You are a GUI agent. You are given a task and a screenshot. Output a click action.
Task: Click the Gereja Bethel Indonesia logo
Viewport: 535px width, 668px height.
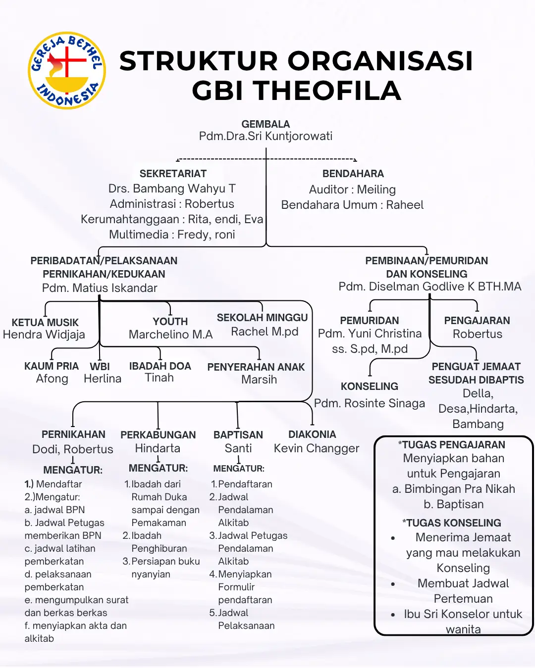point(67,70)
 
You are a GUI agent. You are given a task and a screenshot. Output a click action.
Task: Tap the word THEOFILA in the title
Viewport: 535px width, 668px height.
point(296,91)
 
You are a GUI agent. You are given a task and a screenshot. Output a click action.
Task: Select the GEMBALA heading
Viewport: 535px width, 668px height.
point(266,124)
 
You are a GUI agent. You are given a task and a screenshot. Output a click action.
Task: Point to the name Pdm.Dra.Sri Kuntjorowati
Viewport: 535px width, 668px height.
point(266,136)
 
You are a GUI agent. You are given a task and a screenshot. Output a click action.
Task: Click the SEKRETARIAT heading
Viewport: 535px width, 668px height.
point(173,174)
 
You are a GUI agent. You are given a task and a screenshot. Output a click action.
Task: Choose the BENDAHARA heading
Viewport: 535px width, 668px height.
point(353,174)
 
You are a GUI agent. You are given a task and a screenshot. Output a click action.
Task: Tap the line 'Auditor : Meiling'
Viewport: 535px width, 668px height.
point(352,190)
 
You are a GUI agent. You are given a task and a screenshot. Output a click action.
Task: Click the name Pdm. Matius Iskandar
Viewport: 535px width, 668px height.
point(100,288)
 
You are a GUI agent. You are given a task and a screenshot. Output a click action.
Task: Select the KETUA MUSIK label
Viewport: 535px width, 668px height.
point(45,323)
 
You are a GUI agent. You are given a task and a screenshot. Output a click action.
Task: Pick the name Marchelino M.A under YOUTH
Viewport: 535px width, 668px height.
point(170,334)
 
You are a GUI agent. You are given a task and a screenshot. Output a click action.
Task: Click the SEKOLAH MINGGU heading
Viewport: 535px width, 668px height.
point(262,318)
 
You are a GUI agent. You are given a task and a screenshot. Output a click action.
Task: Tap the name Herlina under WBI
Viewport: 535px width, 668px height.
point(103,379)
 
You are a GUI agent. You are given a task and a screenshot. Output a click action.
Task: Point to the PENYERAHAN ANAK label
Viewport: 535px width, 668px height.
point(256,367)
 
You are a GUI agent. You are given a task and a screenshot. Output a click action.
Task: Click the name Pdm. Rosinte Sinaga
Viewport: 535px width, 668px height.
point(370,403)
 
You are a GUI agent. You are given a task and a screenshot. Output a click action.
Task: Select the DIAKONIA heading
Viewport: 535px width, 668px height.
point(312,434)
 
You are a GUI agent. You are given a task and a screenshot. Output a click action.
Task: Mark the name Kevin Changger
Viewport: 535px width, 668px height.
point(317,448)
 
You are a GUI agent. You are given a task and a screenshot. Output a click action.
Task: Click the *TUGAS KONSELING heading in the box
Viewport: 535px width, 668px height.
point(452,523)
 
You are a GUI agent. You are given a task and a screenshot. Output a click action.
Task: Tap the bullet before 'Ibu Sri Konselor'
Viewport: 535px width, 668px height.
point(393,615)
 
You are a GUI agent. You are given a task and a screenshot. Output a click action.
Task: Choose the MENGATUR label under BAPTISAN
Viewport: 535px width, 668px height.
point(239,469)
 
